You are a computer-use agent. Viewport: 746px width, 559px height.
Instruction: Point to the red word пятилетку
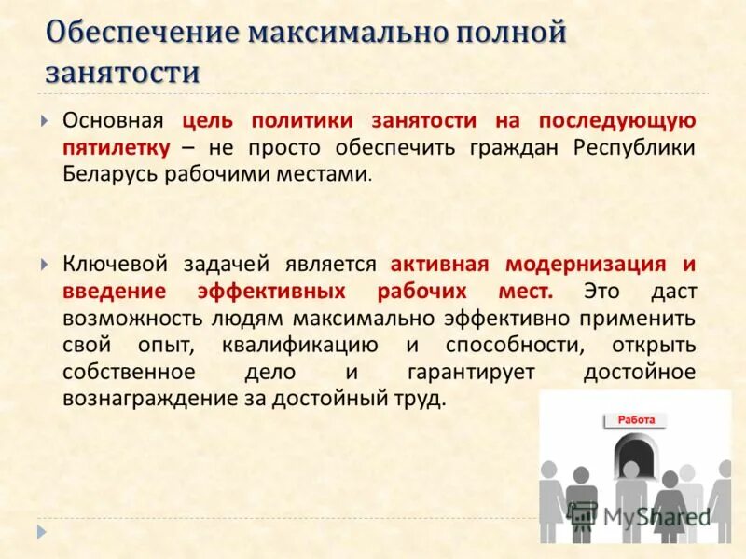[x=117, y=147]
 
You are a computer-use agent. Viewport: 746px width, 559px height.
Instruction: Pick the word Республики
[x=634, y=147]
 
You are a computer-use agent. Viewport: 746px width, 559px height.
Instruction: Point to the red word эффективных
[x=279, y=291]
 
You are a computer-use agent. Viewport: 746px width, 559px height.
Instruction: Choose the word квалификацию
[x=300, y=345]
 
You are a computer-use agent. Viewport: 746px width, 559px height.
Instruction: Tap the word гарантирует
[x=471, y=372]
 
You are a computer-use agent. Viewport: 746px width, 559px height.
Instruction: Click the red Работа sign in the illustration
[x=636, y=420]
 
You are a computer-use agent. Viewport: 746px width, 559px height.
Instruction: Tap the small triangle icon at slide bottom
[x=40, y=531]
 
